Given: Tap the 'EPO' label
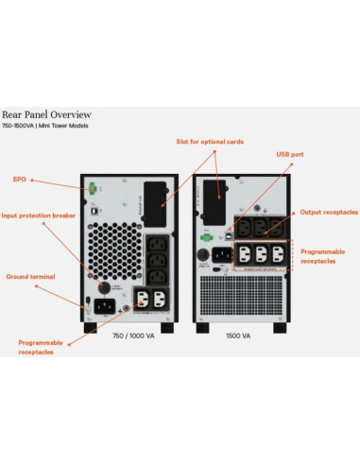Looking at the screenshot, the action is pyautogui.click(x=19, y=178).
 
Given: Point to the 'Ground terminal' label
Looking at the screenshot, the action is pyautogui.click(x=30, y=276).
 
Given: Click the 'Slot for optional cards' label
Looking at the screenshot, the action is pyautogui.click(x=210, y=142).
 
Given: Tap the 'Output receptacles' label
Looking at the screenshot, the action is pyautogui.click(x=329, y=213).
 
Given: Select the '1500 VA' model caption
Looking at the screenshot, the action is pyautogui.click(x=238, y=335).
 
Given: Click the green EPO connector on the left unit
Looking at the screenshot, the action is pyautogui.click(x=94, y=188).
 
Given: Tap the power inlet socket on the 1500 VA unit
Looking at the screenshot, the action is pyautogui.click(x=222, y=253).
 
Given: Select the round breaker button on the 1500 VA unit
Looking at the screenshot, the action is pyautogui.click(x=202, y=253).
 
